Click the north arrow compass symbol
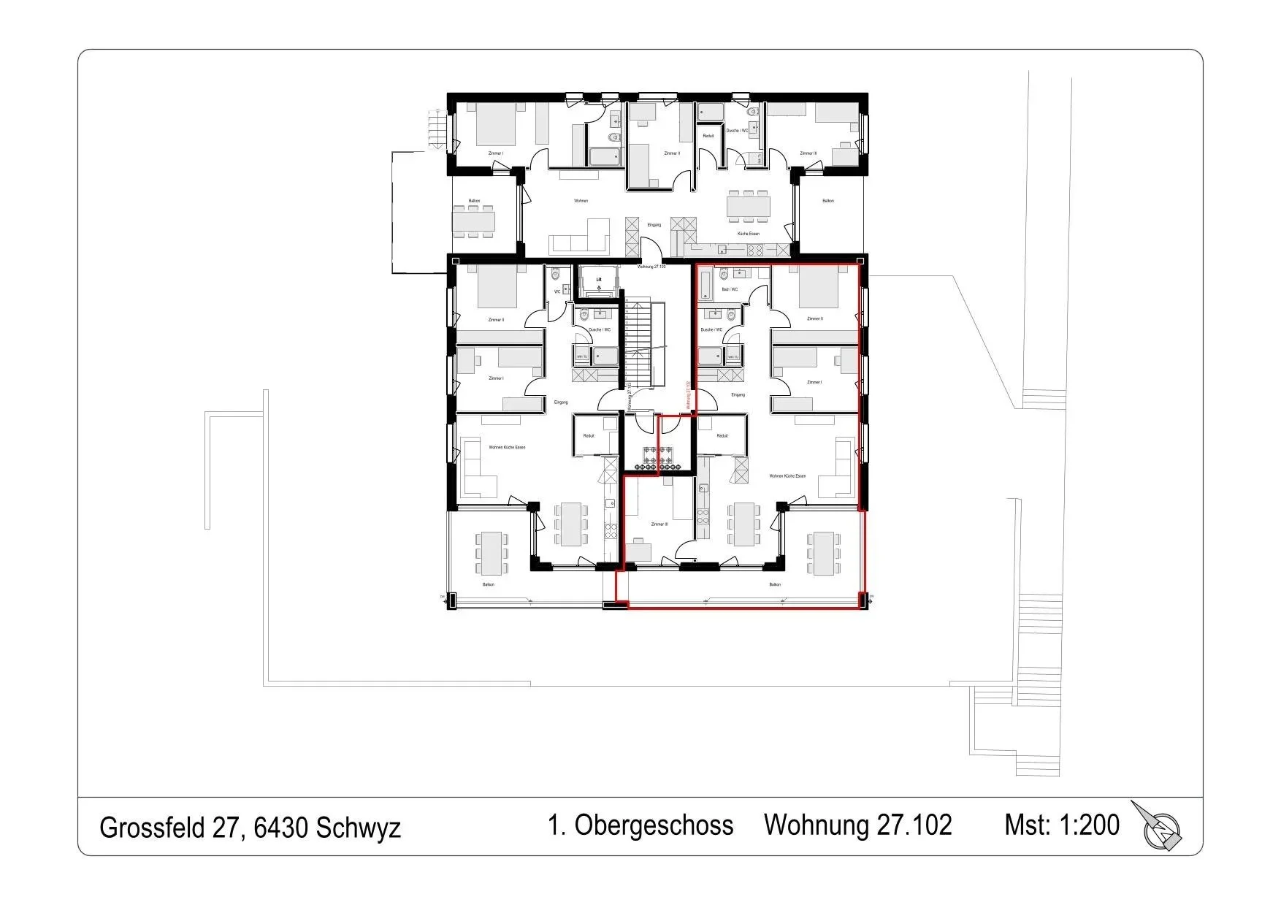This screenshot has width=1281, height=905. pyautogui.click(x=1160, y=828)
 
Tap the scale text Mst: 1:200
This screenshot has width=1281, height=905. pyautogui.click(x=1061, y=825)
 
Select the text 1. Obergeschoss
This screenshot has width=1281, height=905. pyautogui.click(x=640, y=825)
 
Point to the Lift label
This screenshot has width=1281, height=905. pyautogui.click(x=599, y=279)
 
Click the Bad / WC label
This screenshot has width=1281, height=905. pyautogui.click(x=730, y=289)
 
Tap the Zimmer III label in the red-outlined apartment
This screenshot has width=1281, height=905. pyautogui.click(x=659, y=524)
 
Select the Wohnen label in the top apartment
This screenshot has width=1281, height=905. pyautogui.click(x=581, y=201)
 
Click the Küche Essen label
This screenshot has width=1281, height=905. pyautogui.click(x=749, y=234)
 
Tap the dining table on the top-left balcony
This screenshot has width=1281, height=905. pyautogui.click(x=473, y=221)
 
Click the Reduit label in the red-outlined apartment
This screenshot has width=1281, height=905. pyautogui.click(x=722, y=436)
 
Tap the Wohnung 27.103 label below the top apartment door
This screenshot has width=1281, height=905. pyautogui.click(x=651, y=267)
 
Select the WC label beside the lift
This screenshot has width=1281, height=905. pyautogui.click(x=557, y=291)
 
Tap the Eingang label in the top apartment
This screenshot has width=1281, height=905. pyautogui.click(x=654, y=225)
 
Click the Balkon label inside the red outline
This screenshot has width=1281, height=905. pyautogui.click(x=775, y=584)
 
